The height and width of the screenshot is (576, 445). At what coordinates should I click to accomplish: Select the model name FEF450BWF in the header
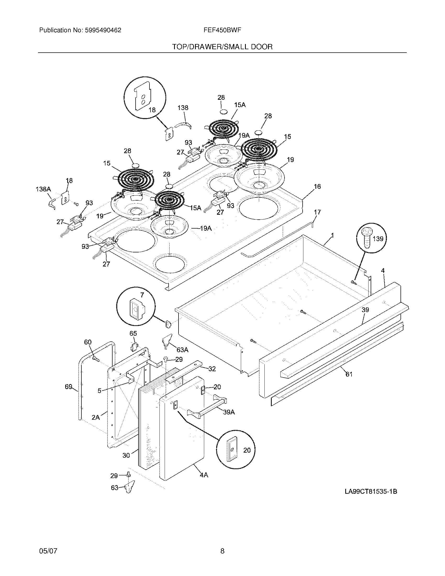(222, 30)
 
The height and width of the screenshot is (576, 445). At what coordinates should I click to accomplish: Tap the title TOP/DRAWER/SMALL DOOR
(222, 47)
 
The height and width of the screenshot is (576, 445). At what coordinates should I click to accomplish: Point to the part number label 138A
(43, 189)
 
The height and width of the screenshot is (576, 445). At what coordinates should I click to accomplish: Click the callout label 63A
(182, 350)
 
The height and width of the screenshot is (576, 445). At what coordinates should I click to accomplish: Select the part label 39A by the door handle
(229, 412)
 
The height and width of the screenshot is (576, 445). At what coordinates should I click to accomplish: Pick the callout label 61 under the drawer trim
(349, 374)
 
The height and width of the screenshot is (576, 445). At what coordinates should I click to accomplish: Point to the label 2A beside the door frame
(96, 418)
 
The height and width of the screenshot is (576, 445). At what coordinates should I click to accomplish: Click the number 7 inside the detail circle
(142, 295)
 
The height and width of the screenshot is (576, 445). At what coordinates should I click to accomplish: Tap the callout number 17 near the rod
(318, 212)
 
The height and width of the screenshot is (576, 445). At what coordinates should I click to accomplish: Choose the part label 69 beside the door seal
(69, 387)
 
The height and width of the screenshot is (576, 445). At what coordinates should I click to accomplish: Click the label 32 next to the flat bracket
(212, 369)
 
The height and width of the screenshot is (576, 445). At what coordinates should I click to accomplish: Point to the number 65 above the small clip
(133, 333)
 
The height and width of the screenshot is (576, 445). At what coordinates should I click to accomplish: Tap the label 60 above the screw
(88, 342)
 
